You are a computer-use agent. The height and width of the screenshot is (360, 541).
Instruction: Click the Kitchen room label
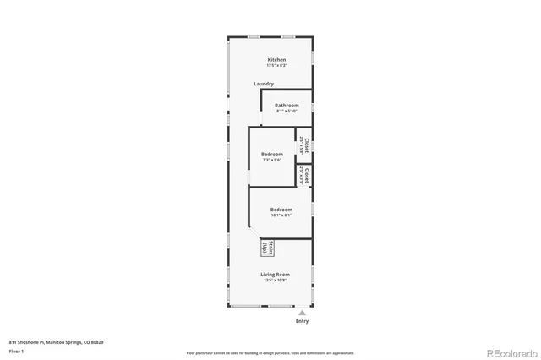pyautogui.click(x=276, y=60)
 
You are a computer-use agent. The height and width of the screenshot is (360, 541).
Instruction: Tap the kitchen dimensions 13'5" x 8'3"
pyautogui.click(x=276, y=66)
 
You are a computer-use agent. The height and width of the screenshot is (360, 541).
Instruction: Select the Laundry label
pyautogui.click(x=263, y=84)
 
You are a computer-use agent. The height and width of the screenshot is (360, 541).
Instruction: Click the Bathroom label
pyautogui.click(x=287, y=105)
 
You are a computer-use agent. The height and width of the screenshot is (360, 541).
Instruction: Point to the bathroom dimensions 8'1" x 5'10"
pyautogui.click(x=287, y=111)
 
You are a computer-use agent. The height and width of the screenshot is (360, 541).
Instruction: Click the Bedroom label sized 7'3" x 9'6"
pyautogui.click(x=271, y=154)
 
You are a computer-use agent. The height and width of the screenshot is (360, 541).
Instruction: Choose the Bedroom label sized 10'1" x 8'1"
pyautogui.click(x=281, y=209)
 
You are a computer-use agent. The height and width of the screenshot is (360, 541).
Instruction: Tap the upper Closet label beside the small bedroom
pyautogui.click(x=306, y=145)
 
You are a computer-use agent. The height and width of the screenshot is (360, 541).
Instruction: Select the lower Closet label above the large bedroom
pyautogui.click(x=306, y=176)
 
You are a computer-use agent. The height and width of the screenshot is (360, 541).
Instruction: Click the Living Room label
pyautogui.click(x=276, y=275)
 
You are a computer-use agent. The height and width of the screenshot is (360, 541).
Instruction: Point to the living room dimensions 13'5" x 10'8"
pyautogui.click(x=276, y=281)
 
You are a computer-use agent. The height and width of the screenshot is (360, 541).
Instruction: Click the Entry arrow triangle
pyautogui.click(x=302, y=313)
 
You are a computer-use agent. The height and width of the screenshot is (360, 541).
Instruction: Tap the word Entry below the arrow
pyautogui.click(x=302, y=322)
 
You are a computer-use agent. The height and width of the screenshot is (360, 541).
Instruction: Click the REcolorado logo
pyautogui.click(x=509, y=352)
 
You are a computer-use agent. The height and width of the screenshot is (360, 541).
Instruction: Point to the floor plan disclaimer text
pyautogui.click(x=270, y=352)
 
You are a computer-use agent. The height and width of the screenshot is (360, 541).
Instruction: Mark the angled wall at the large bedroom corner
pyautogui.click(x=254, y=232)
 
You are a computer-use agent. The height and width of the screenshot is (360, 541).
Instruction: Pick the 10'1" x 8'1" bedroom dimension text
pyautogui.click(x=281, y=215)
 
